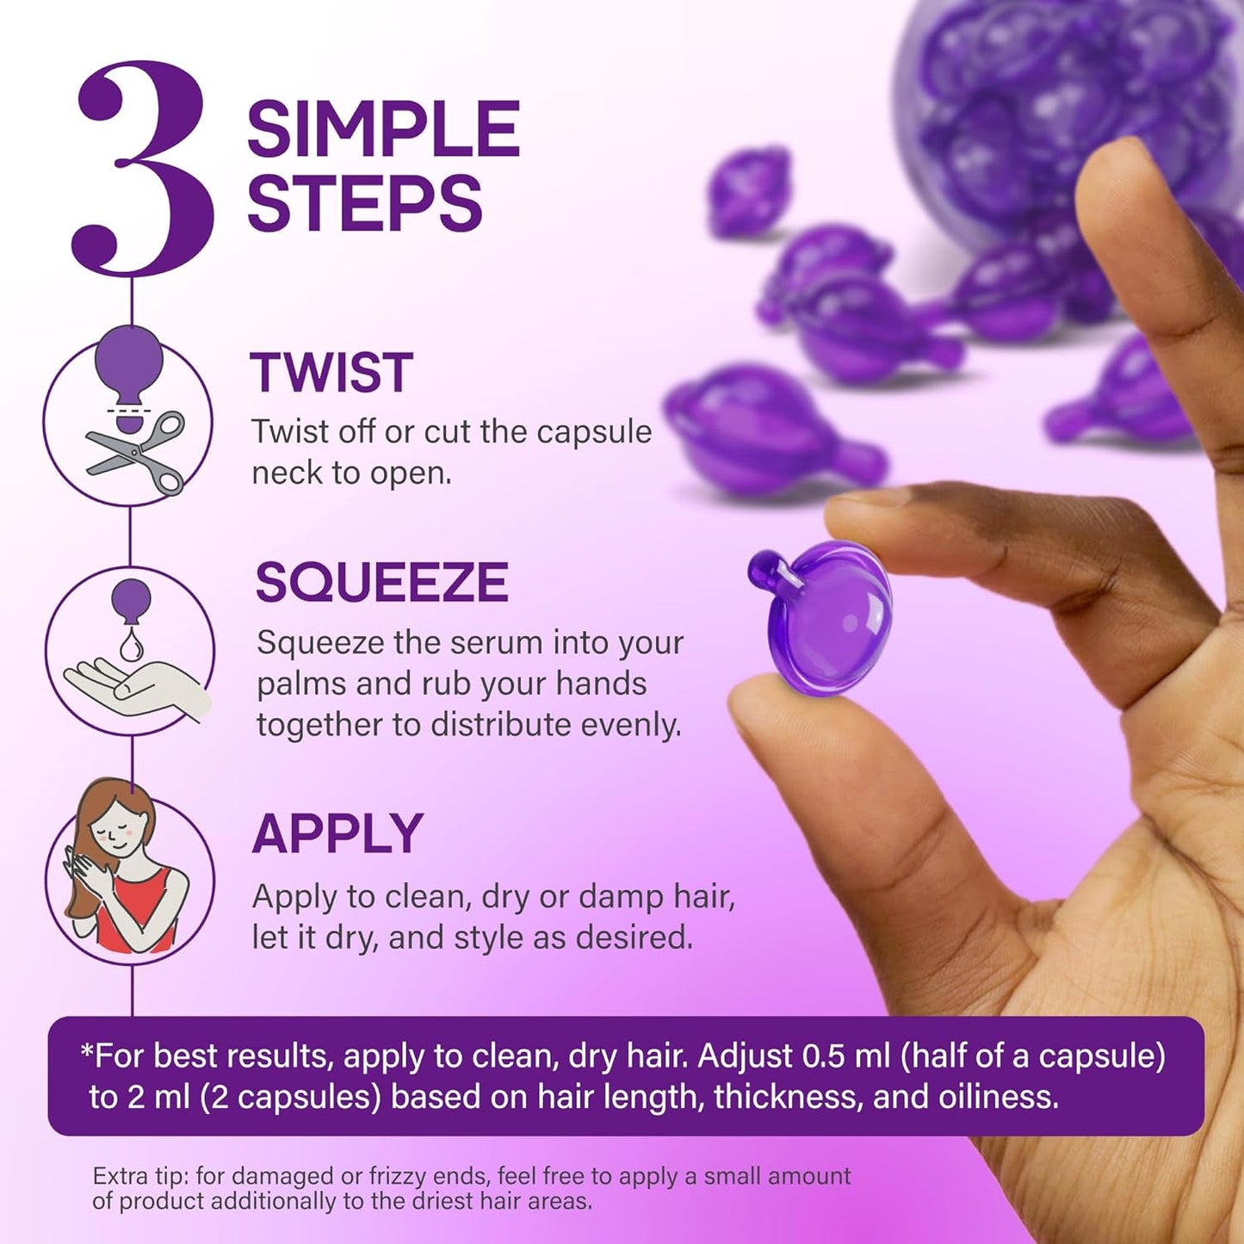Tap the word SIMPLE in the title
(x=383, y=127)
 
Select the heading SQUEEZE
(x=382, y=582)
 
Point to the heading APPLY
(x=337, y=833)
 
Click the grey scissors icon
(x=136, y=453)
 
